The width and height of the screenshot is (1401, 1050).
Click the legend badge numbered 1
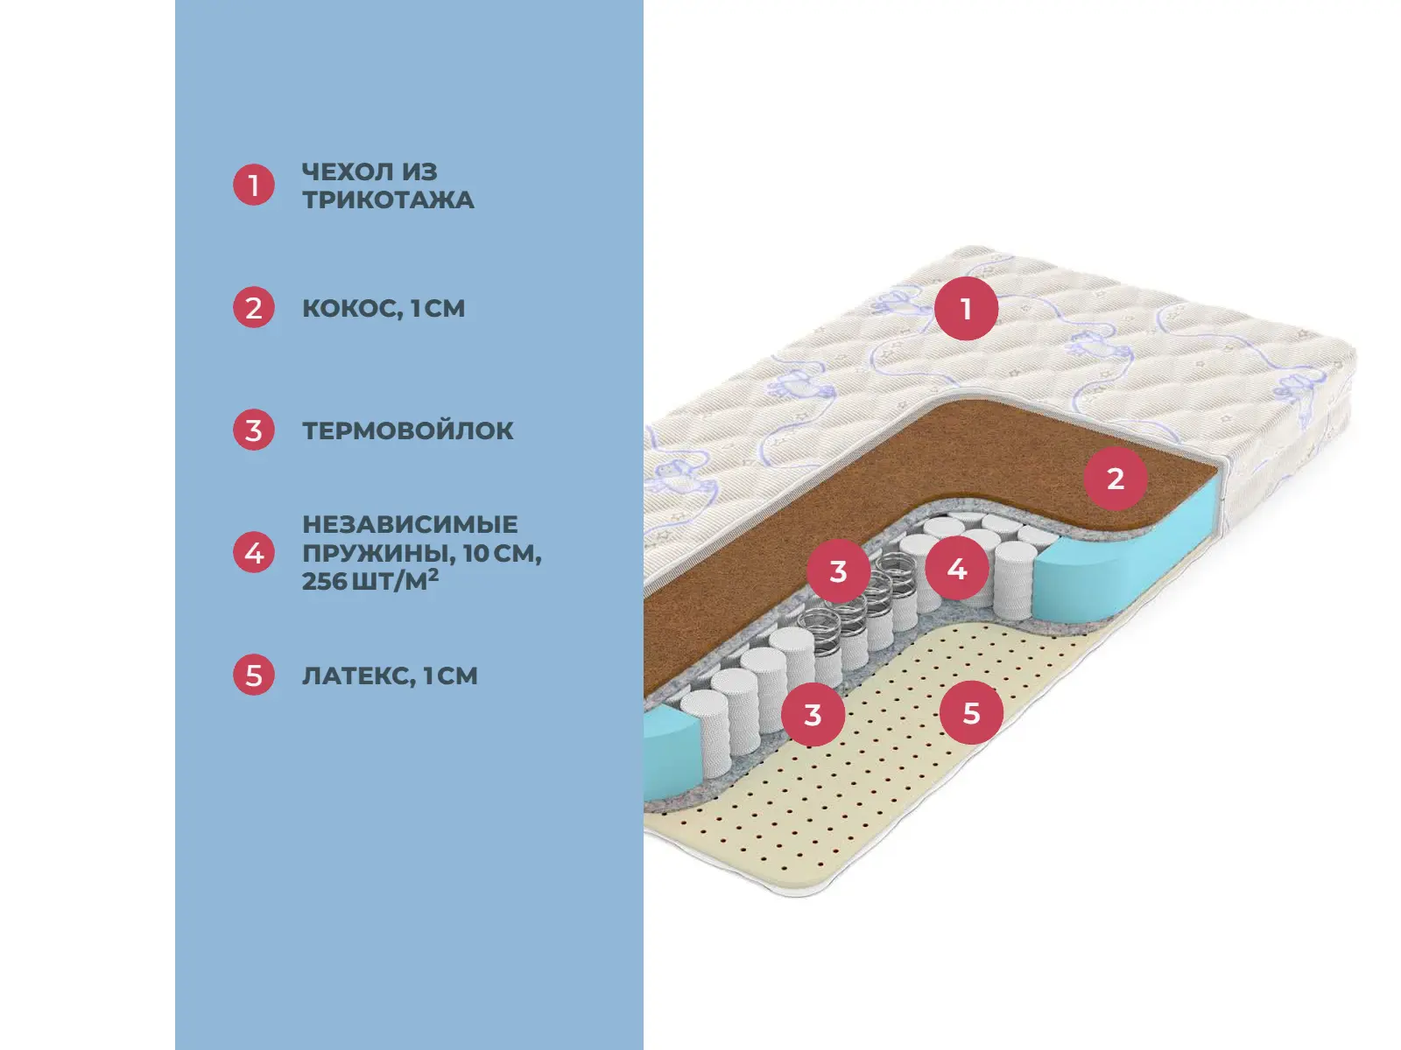pos(254,185)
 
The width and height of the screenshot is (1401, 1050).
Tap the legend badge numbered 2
pos(254,308)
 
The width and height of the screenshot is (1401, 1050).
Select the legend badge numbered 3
pos(254,430)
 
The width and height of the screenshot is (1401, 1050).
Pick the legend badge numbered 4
pos(254,553)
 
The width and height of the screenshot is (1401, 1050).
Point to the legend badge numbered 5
pos(254,675)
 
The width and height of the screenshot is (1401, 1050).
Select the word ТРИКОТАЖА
pos(388,199)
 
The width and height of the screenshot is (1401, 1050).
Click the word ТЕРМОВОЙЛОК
pos(407,430)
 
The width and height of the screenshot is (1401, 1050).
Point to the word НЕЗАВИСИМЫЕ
pos(410,524)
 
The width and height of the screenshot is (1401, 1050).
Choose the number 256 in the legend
pos(324,581)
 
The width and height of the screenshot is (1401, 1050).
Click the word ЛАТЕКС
pos(357,675)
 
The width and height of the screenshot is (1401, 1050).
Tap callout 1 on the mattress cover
pos(966,308)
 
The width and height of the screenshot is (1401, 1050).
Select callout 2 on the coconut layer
pos(1115,479)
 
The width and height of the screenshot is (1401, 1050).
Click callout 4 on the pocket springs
pos(957,569)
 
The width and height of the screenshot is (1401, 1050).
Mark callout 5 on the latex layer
pos(971,712)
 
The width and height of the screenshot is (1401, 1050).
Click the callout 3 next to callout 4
pos(838,571)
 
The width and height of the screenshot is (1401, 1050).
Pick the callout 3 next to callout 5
pos(813,714)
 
